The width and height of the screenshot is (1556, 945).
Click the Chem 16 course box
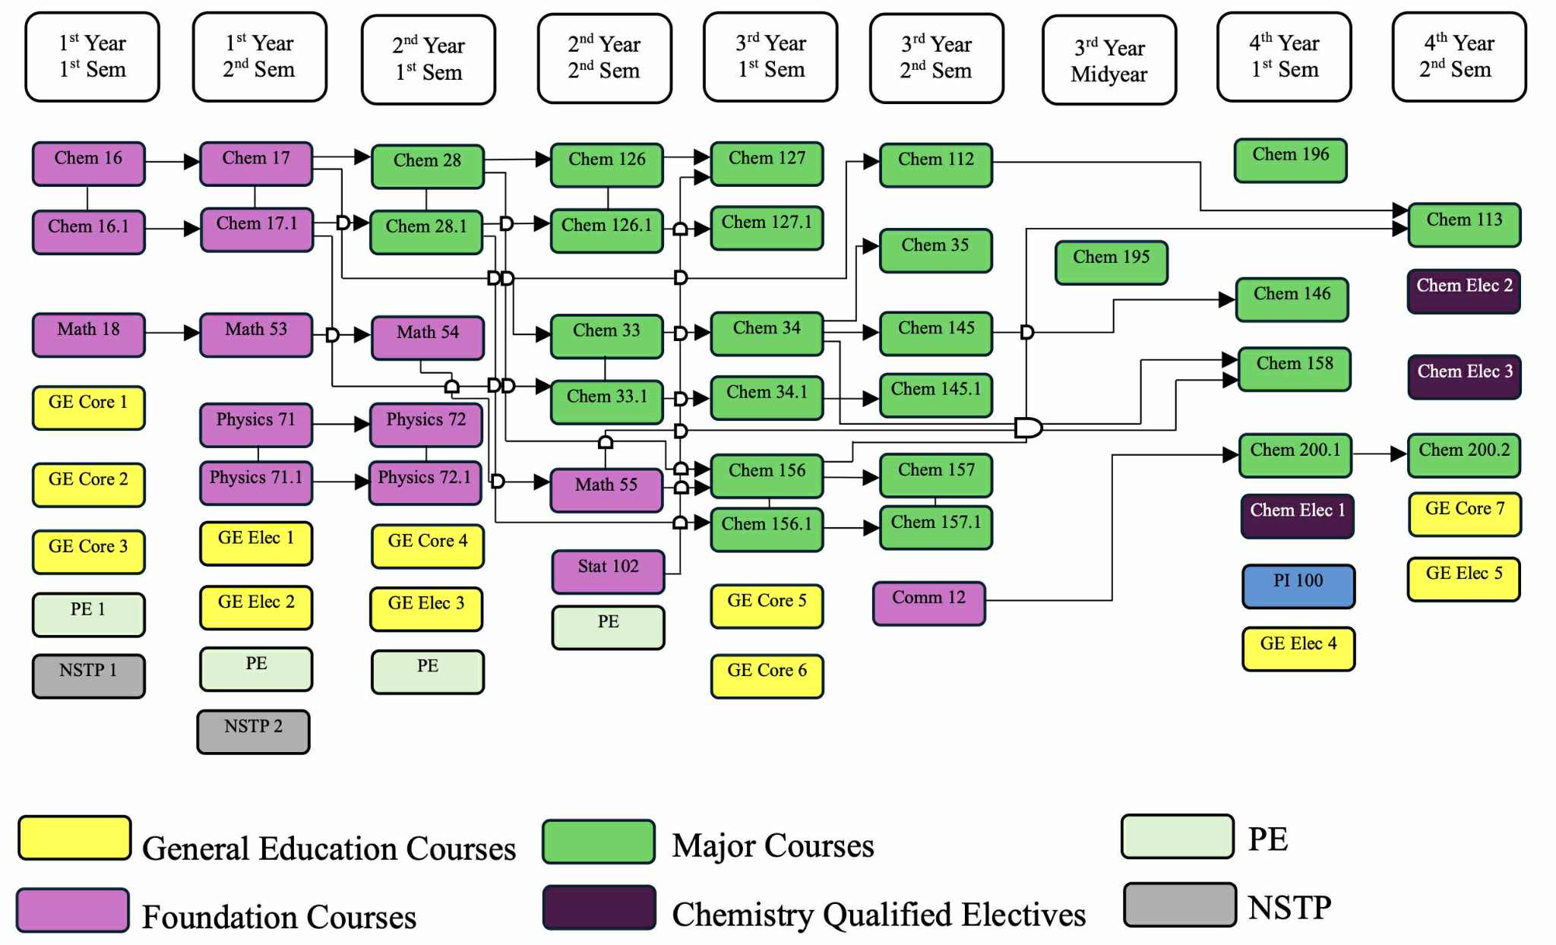(88, 163)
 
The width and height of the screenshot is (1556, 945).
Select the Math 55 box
(606, 489)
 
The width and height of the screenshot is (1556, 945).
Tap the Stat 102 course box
(608, 571)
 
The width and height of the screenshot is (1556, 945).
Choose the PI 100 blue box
(1298, 586)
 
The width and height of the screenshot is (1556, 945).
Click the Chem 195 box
(1111, 262)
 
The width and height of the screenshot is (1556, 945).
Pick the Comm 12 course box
(928, 603)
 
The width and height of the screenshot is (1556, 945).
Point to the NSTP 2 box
(253, 732)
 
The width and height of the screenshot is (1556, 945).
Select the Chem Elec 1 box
(1297, 516)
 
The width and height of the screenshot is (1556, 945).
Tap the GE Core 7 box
(1464, 514)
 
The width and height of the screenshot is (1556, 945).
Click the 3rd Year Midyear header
(1109, 60)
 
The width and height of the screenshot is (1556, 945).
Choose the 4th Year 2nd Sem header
(1459, 57)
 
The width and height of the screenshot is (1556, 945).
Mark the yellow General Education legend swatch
(74, 838)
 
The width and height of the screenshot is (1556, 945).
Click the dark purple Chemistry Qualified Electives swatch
(599, 907)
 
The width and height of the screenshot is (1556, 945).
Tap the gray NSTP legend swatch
(1179, 904)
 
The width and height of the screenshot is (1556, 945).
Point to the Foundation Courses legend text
(279, 917)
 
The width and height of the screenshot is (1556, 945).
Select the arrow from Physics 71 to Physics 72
(340, 424)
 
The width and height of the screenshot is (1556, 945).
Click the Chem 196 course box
(1290, 160)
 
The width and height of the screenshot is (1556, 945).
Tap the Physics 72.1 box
(425, 482)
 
